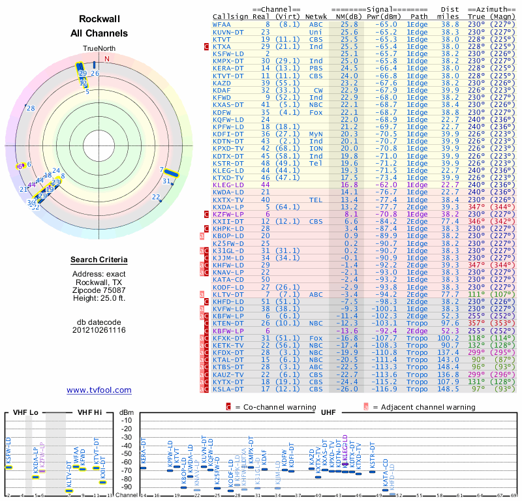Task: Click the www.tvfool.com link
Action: [x=99, y=390]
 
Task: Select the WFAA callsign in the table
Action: [x=221, y=24]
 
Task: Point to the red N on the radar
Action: [x=106, y=59]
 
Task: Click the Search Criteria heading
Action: [x=99, y=260]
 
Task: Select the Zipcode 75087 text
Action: [x=99, y=290]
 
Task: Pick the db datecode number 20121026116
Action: [x=99, y=330]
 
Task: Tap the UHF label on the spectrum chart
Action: [x=328, y=413]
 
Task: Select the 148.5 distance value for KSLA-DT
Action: [x=449, y=389]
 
